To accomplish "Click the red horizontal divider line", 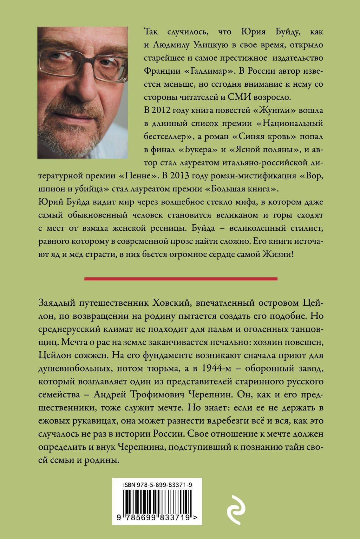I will coord(181,279).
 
